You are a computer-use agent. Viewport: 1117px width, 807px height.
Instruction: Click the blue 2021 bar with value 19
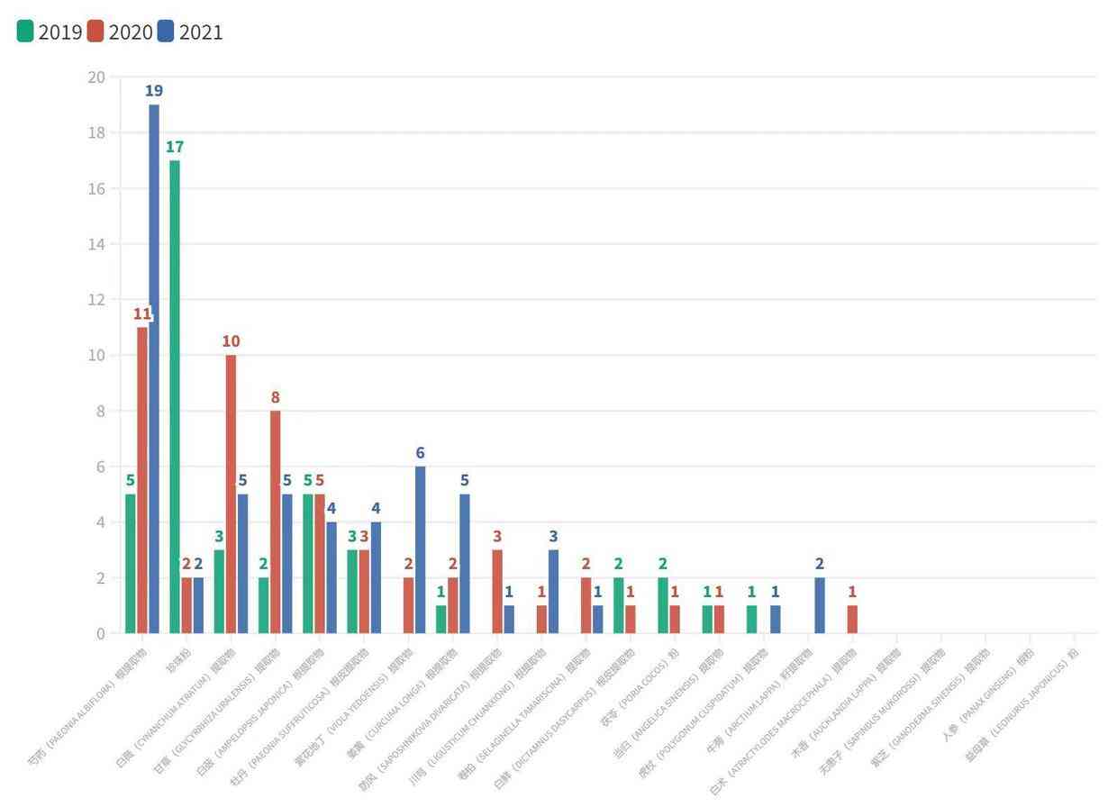(x=154, y=368)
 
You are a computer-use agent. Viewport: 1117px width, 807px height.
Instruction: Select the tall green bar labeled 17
(x=175, y=396)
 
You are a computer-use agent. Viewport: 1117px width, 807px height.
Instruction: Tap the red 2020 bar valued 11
(x=142, y=479)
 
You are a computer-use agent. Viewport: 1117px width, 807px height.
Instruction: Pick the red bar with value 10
(x=231, y=494)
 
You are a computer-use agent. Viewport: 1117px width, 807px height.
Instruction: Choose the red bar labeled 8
(x=276, y=521)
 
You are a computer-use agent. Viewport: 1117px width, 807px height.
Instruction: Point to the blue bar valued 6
(x=420, y=549)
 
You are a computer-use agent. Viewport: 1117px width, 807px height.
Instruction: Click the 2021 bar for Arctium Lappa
(x=820, y=605)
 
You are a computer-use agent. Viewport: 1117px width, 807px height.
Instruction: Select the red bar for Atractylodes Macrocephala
(x=852, y=619)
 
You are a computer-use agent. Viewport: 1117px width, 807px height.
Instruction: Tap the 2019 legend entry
(x=50, y=32)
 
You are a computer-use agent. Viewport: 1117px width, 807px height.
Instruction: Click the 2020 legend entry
(x=121, y=32)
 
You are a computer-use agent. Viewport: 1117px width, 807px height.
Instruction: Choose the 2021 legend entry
(x=190, y=32)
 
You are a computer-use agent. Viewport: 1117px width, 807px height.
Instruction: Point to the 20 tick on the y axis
(x=96, y=77)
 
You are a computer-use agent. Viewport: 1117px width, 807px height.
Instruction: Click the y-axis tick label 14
(x=96, y=244)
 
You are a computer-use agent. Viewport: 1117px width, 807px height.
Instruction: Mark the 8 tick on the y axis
(x=100, y=411)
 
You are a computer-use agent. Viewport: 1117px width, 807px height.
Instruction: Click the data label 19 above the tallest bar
(x=154, y=91)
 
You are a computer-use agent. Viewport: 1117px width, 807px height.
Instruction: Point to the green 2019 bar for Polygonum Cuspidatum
(x=752, y=619)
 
